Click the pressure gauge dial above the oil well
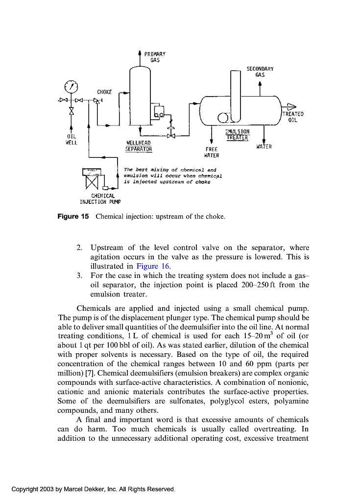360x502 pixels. (72, 87)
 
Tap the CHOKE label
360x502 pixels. (104, 92)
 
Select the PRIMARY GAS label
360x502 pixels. (155, 57)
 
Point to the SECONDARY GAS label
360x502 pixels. (260, 72)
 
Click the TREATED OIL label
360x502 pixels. (293, 117)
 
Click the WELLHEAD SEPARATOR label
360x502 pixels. (139, 146)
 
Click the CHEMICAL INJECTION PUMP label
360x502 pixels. (100, 198)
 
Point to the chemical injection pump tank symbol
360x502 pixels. (92, 178)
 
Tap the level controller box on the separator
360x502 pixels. (159, 112)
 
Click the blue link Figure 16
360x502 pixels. (153, 266)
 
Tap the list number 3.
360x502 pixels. (79, 276)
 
